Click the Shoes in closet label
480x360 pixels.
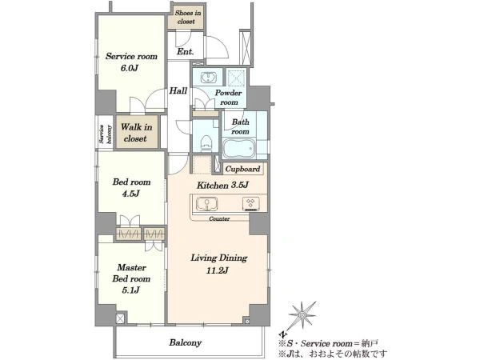tap(188, 17)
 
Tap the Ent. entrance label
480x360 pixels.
tap(186, 51)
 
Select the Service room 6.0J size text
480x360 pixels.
tap(129, 68)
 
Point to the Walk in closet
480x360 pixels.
tap(137, 132)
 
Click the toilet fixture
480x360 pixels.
tap(206, 142)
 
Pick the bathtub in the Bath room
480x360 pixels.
tap(238, 148)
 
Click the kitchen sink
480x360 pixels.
tap(207, 203)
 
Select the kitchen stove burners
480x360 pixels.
tap(251, 203)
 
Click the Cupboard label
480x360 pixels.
tap(242, 169)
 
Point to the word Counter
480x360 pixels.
tap(219, 219)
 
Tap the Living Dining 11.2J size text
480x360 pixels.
tap(218, 270)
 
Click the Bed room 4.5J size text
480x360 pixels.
tap(131, 194)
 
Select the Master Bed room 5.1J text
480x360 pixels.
tap(131, 278)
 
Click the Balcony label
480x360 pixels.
tap(186, 342)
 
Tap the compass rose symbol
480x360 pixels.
tap(302, 315)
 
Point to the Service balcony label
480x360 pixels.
tap(105, 134)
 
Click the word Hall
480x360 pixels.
tap(178, 90)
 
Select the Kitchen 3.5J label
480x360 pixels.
tap(222, 186)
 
